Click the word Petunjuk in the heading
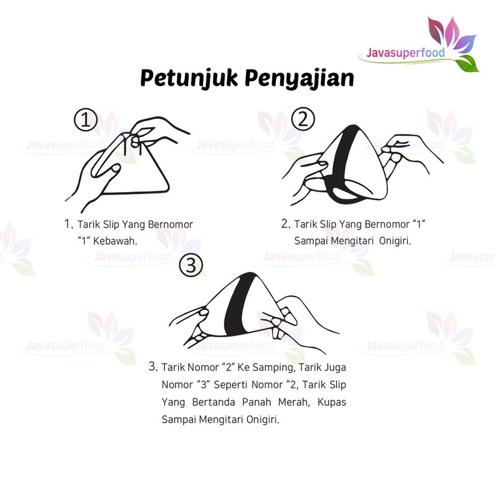click(189, 78)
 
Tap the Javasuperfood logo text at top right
click(406, 53)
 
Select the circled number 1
click(86, 120)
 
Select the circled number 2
click(302, 119)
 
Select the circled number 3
click(191, 265)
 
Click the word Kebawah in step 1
click(116, 241)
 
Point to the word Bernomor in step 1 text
click(170, 224)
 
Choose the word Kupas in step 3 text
click(332, 403)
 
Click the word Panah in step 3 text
click(257, 402)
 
